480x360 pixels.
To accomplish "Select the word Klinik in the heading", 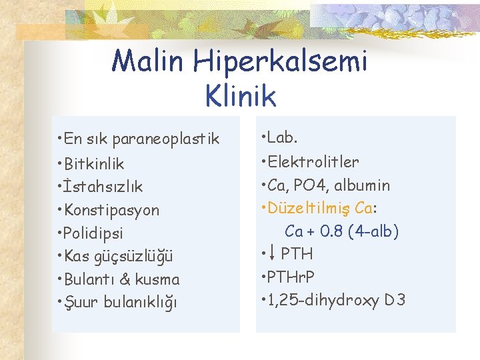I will [x=241, y=96].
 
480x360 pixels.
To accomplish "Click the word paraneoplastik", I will [x=166, y=139].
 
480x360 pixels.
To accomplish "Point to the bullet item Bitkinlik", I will [x=94, y=164].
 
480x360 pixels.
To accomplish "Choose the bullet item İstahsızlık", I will [x=102, y=187].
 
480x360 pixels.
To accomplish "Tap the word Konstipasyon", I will [x=111, y=210].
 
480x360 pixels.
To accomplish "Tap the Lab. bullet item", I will [x=283, y=138].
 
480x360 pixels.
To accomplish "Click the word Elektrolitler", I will [x=313, y=161].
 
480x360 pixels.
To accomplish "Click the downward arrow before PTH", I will [x=271, y=254].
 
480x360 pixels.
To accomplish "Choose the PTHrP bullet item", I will [x=291, y=276].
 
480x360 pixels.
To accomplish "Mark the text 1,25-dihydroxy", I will [x=323, y=299].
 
